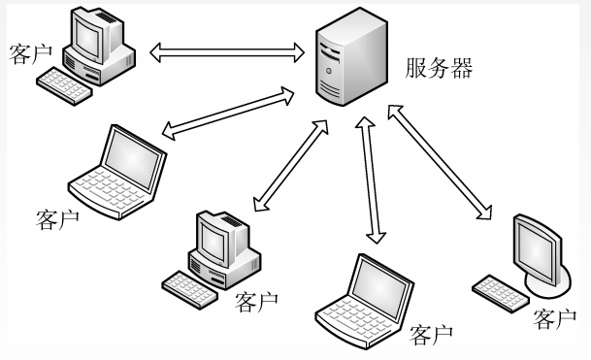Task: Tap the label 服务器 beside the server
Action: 438,67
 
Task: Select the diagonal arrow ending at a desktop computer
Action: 288,164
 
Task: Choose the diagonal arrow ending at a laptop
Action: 228,113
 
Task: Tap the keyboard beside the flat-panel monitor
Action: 500,290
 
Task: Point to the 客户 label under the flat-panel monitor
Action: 555,317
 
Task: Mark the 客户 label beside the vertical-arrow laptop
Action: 432,335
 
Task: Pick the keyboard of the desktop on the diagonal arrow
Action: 190,284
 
